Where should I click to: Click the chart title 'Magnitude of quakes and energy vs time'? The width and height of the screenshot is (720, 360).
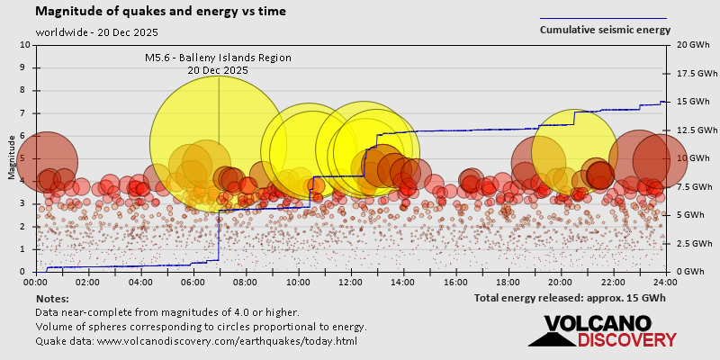161,12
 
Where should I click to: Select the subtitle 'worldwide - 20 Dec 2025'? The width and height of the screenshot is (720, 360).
97,32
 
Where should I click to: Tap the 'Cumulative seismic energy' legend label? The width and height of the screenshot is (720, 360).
605,30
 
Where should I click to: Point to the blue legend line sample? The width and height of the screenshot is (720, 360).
603,18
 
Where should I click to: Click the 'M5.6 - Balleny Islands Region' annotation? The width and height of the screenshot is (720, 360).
219,58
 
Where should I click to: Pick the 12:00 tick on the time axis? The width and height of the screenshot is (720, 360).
351,282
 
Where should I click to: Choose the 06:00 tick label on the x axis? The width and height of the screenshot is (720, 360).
193,282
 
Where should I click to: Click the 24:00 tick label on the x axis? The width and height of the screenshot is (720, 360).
665,282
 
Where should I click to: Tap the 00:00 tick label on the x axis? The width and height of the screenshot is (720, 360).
36,282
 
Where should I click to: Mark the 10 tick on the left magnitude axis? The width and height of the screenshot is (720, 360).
25,45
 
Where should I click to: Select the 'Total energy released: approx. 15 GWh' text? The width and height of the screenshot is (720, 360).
571,297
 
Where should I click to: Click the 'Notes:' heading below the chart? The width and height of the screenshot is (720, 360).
52,298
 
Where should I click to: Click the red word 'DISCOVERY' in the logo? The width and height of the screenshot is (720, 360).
626,339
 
